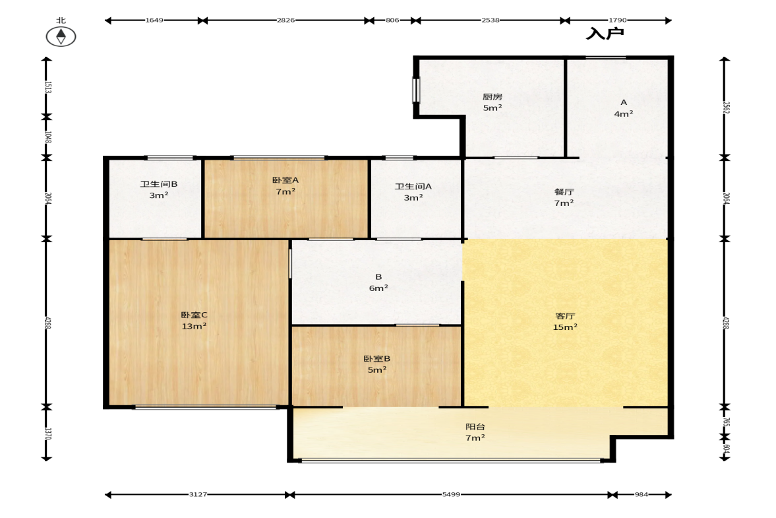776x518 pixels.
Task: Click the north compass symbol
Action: pos(61,36)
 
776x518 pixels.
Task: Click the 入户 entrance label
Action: pos(605,34)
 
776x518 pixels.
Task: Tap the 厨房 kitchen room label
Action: pos(492,96)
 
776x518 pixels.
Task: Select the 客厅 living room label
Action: pos(565,316)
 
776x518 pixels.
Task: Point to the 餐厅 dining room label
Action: pos(564,191)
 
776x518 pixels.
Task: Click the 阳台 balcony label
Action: pos(475,426)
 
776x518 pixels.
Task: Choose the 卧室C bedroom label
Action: pos(194,315)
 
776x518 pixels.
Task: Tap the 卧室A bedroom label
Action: pos(285,180)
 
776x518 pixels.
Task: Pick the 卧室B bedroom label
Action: pos(377,358)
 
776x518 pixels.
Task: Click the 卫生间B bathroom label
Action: pos(159,184)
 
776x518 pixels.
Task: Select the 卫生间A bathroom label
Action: pos(413,186)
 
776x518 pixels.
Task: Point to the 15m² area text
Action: pos(565,327)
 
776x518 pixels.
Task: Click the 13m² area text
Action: pos(194,326)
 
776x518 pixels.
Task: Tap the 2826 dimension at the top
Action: pos(285,20)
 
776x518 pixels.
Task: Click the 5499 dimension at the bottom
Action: pos(452,494)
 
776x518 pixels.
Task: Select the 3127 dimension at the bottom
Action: pos(198,494)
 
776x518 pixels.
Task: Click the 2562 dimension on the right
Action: pos(726,108)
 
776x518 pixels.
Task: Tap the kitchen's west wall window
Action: pos(416,90)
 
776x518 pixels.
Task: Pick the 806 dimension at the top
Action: pos(392,20)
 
